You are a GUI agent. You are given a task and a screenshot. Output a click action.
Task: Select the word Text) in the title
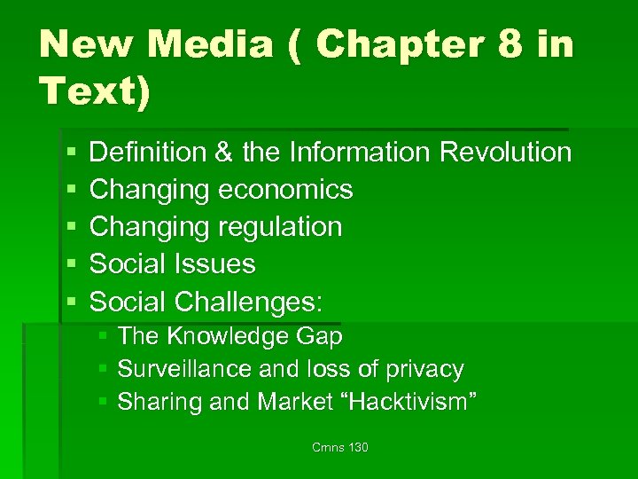click(x=95, y=91)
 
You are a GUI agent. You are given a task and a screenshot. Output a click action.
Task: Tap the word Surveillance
click(x=174, y=369)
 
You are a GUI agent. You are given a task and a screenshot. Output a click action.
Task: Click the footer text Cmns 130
click(x=340, y=448)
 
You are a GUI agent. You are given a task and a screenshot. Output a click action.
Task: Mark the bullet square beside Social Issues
click(x=72, y=265)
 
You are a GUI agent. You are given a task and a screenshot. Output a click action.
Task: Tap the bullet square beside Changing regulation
click(x=72, y=228)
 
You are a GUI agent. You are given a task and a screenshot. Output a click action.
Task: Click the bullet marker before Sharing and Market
click(x=104, y=403)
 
